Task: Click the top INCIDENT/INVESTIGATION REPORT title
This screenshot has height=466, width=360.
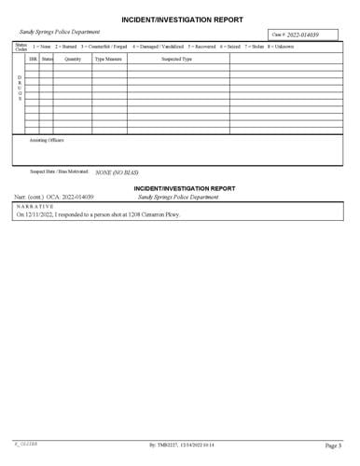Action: [x=182, y=19]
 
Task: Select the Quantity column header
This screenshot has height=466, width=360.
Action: [x=73, y=59]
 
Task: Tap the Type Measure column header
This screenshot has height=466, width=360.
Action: [x=108, y=59]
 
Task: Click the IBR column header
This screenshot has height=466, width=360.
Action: [x=33, y=59]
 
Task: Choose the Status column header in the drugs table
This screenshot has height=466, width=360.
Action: [x=47, y=59]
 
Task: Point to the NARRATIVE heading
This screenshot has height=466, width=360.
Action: [x=35, y=232]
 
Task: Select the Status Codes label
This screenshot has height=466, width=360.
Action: [x=21, y=46]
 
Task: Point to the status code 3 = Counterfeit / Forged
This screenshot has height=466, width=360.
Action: [x=104, y=46]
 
